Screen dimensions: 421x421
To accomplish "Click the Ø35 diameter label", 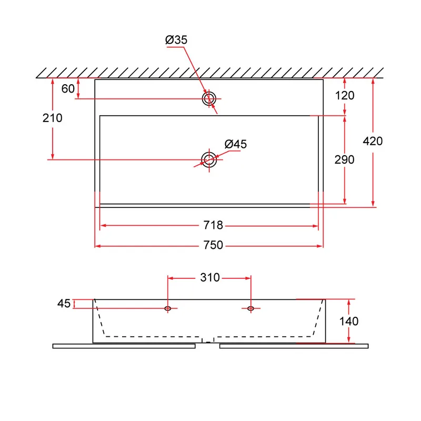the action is [x=176, y=40].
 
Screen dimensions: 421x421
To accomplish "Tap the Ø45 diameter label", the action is [x=235, y=144].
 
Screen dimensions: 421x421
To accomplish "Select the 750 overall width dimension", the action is [x=213, y=245].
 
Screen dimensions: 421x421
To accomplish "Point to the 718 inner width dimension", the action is [x=213, y=225].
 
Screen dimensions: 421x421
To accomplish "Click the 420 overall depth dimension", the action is [x=373, y=141].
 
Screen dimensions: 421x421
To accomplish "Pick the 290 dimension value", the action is [x=345, y=160].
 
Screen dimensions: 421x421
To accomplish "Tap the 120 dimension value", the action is [x=345, y=96].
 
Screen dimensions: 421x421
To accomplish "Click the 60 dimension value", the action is [x=68, y=88].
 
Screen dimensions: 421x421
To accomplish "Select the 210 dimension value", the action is [x=52, y=118].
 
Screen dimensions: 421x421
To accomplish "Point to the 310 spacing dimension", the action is [x=210, y=277].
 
